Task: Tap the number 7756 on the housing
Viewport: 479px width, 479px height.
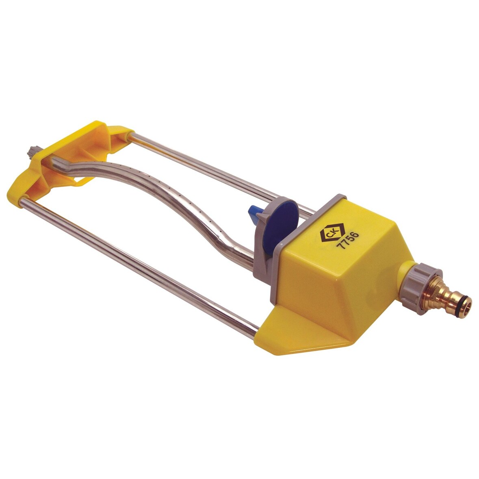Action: pyautogui.click(x=347, y=241)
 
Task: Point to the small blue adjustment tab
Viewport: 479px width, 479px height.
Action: pyautogui.click(x=251, y=213)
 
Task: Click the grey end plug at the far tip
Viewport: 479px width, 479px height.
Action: pyautogui.click(x=32, y=152)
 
